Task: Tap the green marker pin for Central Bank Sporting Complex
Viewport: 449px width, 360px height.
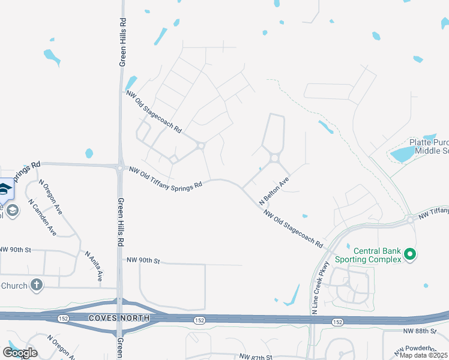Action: [x=411, y=255]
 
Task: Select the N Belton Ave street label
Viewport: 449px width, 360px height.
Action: [x=274, y=189]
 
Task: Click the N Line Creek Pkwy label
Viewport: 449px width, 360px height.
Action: [x=321, y=288]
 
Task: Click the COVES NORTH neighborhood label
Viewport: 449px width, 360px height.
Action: [x=118, y=317]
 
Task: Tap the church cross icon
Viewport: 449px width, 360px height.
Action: [x=37, y=285]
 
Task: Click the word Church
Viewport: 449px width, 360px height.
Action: [x=14, y=286]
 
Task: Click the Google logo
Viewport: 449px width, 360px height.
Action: [x=20, y=352]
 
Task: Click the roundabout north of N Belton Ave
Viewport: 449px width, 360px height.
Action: [x=274, y=158]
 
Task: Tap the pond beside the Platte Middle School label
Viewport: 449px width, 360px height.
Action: [x=402, y=154]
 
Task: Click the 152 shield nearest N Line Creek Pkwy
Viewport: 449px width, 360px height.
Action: [x=337, y=322]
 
